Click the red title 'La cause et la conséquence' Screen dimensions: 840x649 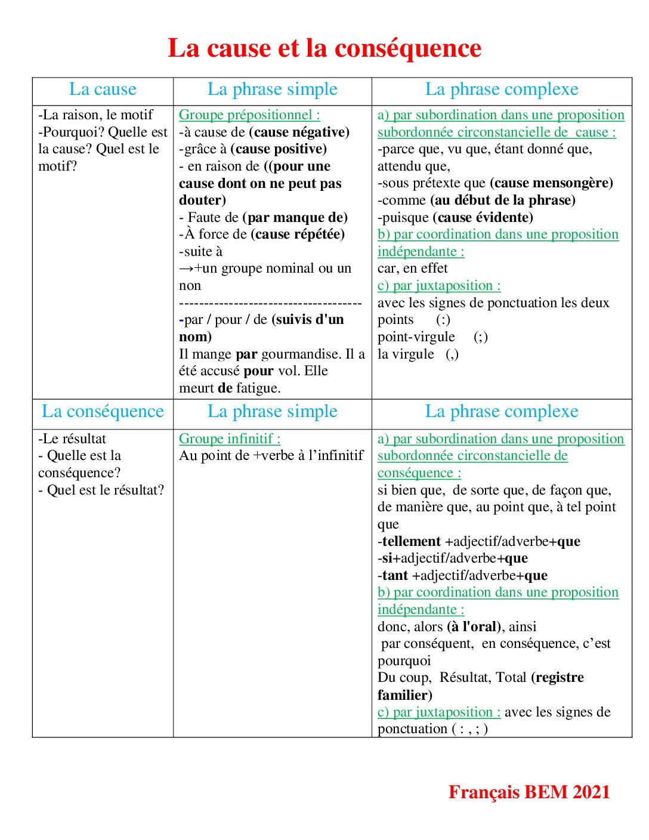324,48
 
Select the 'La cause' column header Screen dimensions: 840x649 103,89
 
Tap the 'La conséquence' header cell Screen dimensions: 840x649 103,412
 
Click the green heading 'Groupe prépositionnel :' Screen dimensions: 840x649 249,115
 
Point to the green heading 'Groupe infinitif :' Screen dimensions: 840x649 230,439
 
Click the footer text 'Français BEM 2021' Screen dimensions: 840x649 529,792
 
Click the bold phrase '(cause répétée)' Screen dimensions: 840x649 298,234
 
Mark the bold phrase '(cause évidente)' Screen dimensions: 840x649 483,218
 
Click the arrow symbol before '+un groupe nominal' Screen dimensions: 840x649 186,269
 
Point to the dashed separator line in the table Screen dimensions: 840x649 270,304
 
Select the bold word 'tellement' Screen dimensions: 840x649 412,542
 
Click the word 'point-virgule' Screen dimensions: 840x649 416,338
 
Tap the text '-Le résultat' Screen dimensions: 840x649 72,439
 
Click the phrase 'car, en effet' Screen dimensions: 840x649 412,269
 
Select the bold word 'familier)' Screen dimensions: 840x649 405,695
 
